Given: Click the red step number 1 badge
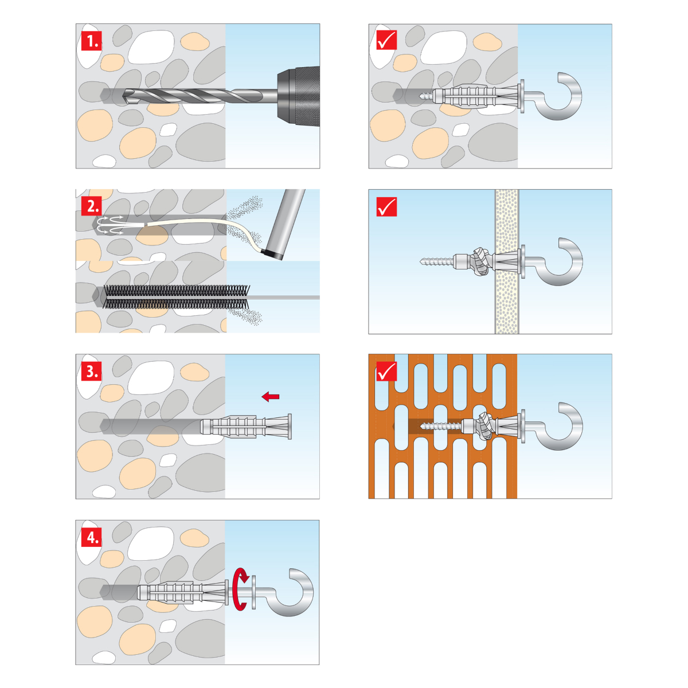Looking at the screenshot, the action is coord(91,41).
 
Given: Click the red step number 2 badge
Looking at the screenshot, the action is coord(91,206).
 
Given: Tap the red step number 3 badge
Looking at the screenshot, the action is coord(91,372).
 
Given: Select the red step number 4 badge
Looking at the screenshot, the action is coord(91,537).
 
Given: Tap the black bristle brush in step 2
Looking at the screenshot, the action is coord(176,296).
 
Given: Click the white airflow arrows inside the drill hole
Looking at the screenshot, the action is coord(111,225).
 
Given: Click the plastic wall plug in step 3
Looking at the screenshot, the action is coord(245,426).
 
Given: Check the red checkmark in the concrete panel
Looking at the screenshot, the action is coord(386,40).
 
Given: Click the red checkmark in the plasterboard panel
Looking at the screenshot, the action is coord(386,206).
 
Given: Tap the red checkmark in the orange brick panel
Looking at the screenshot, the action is coord(386,371).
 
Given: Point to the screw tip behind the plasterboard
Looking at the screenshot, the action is coord(421,261).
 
